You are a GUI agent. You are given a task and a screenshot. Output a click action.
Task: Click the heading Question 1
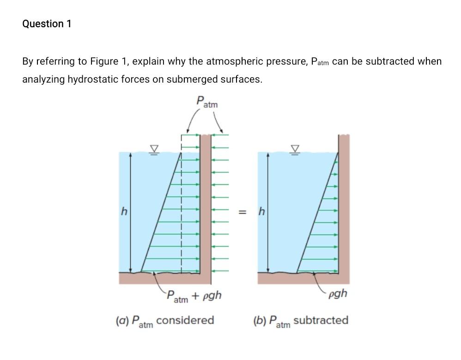pos(47,24)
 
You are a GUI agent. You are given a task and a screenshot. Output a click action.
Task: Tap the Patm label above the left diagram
pos(206,102)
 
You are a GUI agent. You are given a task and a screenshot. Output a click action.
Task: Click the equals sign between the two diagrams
pos(241,212)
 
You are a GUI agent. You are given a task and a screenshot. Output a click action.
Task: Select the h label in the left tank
pos(123,212)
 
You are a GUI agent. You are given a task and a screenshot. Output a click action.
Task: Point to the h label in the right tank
pos(262,212)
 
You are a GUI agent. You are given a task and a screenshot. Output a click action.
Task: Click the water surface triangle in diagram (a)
pos(154,149)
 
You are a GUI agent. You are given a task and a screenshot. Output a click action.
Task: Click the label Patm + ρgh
pos(194,295)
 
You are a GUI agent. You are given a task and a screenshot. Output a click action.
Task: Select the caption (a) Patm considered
pos(164,321)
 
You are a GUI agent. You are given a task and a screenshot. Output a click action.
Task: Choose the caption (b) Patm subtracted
pos(301,321)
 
